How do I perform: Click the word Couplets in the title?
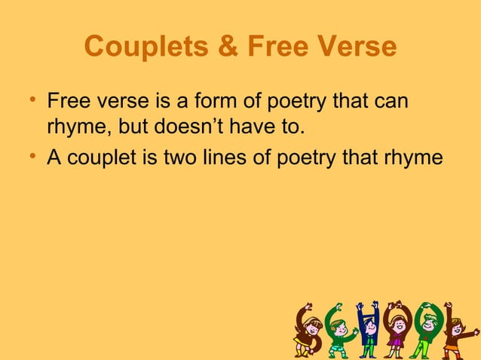pos(143,47)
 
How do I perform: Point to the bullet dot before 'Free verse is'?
pos(35,100)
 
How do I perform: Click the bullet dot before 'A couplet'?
pos(35,157)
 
